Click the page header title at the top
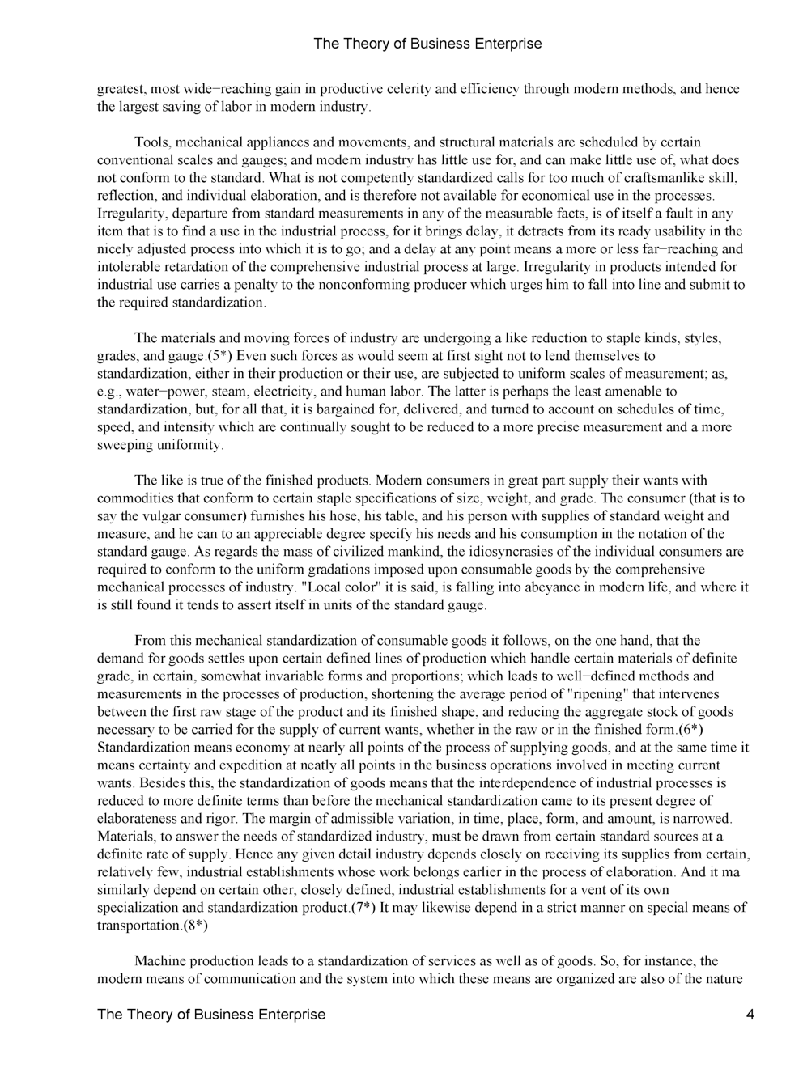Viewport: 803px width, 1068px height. pyautogui.click(x=427, y=44)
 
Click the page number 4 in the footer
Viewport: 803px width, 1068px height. pyautogui.click(x=750, y=1015)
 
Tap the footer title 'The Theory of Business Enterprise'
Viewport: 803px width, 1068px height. pyautogui.click(x=211, y=1015)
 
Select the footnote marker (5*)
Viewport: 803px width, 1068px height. pyautogui.click(x=220, y=356)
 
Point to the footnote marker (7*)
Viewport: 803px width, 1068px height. pyautogui.click(x=362, y=908)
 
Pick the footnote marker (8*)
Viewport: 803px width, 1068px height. pyautogui.click(x=193, y=926)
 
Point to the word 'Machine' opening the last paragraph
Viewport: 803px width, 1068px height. pyautogui.click(x=159, y=961)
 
